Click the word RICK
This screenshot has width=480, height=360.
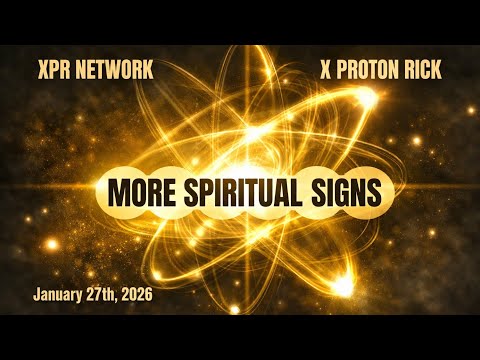[x=423, y=71]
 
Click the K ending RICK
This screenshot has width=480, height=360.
[x=436, y=71]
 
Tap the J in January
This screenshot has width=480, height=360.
[x=38, y=296]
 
